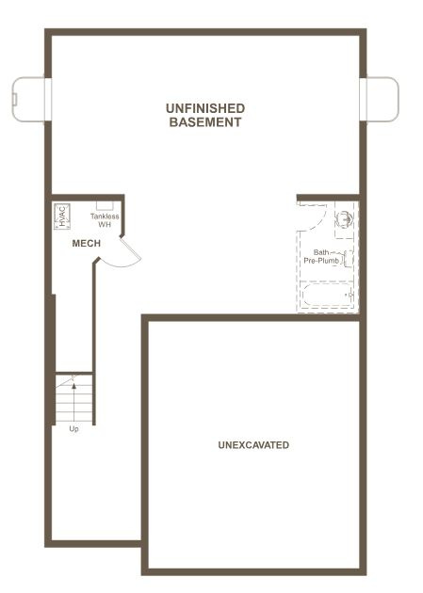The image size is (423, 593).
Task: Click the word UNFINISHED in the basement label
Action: coord(205,109)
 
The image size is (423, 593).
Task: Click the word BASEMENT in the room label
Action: coord(205,122)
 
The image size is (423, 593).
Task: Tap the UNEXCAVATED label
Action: coord(253,444)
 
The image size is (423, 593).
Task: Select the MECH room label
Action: coord(87,244)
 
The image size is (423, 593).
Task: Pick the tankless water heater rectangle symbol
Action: coord(105,204)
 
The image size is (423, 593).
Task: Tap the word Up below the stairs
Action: coord(73,429)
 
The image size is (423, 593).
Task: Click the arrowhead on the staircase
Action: coord(72,382)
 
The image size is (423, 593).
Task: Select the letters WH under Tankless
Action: coord(105,225)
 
